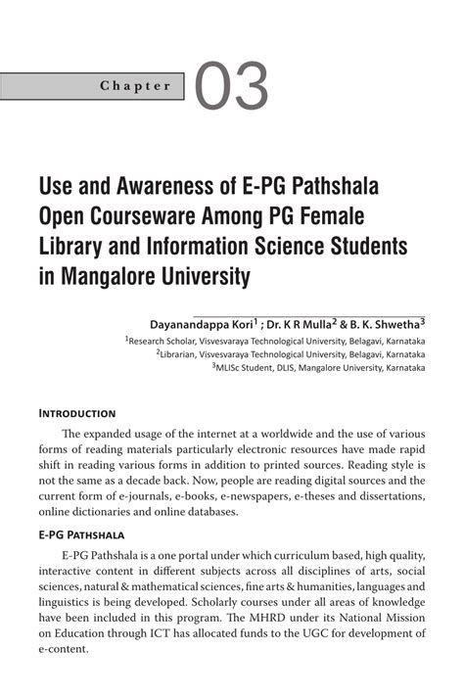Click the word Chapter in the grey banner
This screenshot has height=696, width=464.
click(x=135, y=86)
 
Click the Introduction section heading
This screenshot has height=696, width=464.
click(x=77, y=413)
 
